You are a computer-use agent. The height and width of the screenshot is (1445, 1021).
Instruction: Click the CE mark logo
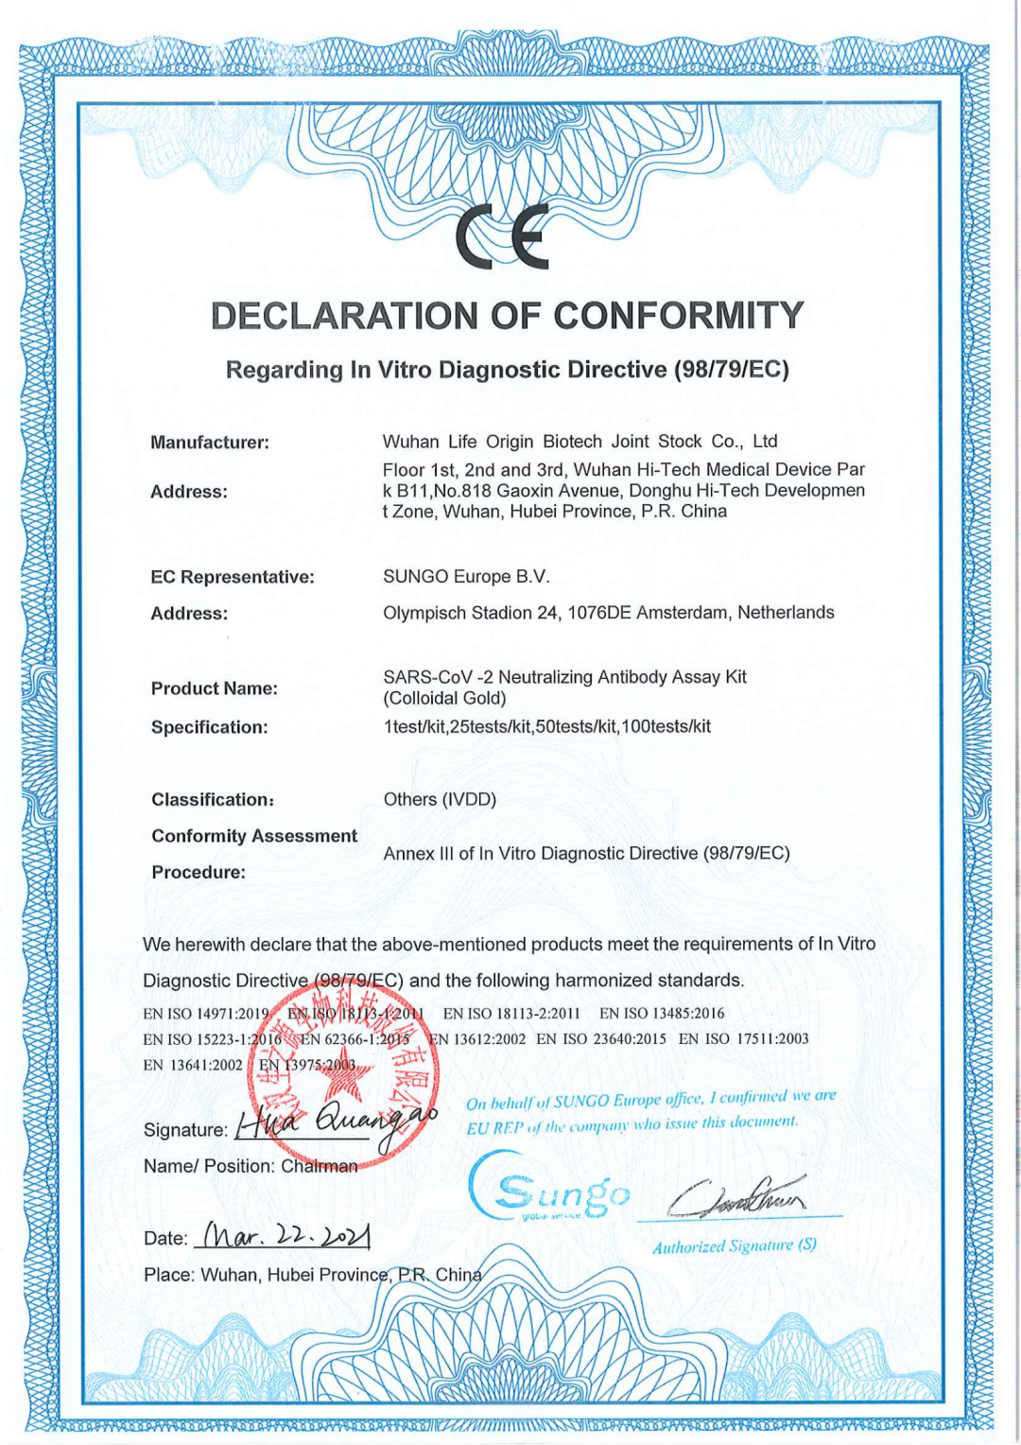pyautogui.click(x=502, y=237)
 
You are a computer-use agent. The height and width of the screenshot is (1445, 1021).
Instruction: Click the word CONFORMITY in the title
pyautogui.click(x=679, y=316)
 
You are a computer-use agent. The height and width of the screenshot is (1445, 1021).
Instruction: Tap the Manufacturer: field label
pyautogui.click(x=210, y=443)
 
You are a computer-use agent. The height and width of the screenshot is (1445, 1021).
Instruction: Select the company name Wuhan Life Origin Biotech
pyautogui.click(x=492, y=442)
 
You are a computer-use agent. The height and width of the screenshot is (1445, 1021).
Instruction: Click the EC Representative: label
pyautogui.click(x=233, y=577)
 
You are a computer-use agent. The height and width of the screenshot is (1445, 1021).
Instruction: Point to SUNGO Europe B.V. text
pyautogui.click(x=466, y=577)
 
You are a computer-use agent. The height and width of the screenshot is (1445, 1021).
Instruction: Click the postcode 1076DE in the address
pyautogui.click(x=598, y=613)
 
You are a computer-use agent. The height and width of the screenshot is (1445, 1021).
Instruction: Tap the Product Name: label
pyautogui.click(x=215, y=688)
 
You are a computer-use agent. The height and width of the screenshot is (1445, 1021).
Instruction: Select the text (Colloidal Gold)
pyautogui.click(x=444, y=699)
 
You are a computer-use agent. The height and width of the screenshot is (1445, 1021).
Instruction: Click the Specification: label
pyautogui.click(x=210, y=727)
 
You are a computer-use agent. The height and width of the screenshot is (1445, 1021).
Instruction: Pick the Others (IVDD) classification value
pyautogui.click(x=440, y=800)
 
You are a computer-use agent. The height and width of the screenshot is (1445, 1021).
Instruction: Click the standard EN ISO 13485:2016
pyautogui.click(x=662, y=1014)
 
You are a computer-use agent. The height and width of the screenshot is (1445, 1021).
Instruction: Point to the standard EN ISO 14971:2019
pyautogui.click(x=206, y=1014)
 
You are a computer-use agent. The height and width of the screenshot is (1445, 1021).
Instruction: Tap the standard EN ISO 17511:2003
pyautogui.click(x=744, y=1039)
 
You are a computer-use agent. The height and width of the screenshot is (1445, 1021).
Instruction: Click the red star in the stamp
pyautogui.click(x=343, y=1078)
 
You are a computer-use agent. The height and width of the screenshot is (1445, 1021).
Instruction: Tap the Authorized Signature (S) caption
pyautogui.click(x=735, y=1246)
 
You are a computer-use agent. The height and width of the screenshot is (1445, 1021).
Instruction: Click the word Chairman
pyautogui.click(x=320, y=1167)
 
